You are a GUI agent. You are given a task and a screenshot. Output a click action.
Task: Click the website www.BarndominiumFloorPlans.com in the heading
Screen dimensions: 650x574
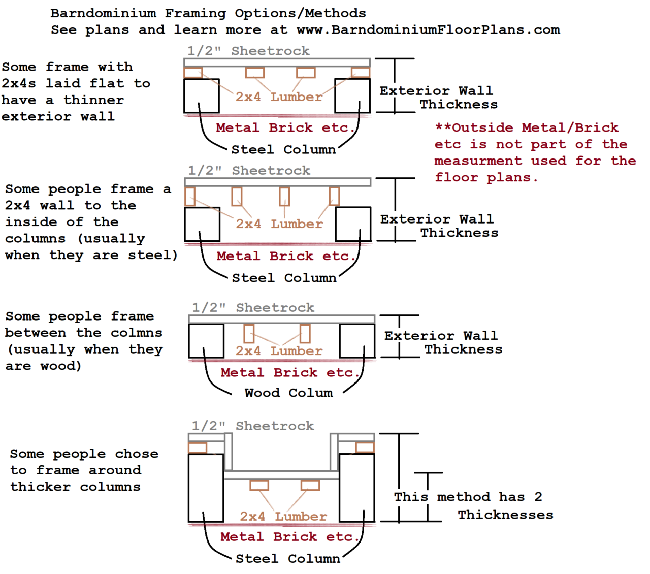click(x=428, y=30)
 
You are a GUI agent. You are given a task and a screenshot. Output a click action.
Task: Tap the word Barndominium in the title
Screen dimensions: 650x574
click(x=103, y=13)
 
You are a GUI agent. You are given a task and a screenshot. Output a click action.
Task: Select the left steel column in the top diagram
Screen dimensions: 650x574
click(x=202, y=95)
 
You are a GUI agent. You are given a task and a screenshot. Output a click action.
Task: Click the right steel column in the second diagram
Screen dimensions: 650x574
click(x=353, y=224)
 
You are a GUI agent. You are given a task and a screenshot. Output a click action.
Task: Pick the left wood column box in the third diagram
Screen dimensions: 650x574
click(x=206, y=341)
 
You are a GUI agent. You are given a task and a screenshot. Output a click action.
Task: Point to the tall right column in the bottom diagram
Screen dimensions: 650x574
click(x=357, y=488)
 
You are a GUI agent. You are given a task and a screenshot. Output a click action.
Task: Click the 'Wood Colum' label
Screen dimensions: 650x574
click(x=289, y=393)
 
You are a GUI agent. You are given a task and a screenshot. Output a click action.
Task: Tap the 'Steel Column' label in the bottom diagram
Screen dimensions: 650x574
click(x=288, y=559)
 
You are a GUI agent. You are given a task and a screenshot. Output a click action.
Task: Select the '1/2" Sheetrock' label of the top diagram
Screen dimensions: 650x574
click(x=248, y=51)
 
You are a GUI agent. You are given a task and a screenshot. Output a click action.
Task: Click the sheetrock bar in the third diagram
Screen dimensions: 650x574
click(x=282, y=319)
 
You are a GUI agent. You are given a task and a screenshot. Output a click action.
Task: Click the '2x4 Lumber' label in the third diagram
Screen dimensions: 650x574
click(x=279, y=350)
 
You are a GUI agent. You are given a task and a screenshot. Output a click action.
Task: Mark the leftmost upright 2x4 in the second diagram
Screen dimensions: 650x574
click(x=189, y=197)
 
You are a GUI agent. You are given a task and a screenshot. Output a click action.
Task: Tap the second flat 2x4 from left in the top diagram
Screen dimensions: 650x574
click(x=255, y=73)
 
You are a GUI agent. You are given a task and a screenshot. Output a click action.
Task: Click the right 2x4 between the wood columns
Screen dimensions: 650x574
click(x=305, y=334)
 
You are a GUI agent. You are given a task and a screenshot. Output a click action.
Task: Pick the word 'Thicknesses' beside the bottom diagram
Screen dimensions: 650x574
click(x=505, y=515)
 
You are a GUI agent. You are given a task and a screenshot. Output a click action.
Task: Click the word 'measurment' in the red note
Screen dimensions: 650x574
click(x=478, y=161)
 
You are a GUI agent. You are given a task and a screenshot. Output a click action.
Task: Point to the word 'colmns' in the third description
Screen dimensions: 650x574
click(x=137, y=333)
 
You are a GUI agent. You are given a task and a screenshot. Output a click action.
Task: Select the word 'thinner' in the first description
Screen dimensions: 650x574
click(x=93, y=100)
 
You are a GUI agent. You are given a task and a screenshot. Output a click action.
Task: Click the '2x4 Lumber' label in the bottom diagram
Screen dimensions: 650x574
click(x=283, y=516)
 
